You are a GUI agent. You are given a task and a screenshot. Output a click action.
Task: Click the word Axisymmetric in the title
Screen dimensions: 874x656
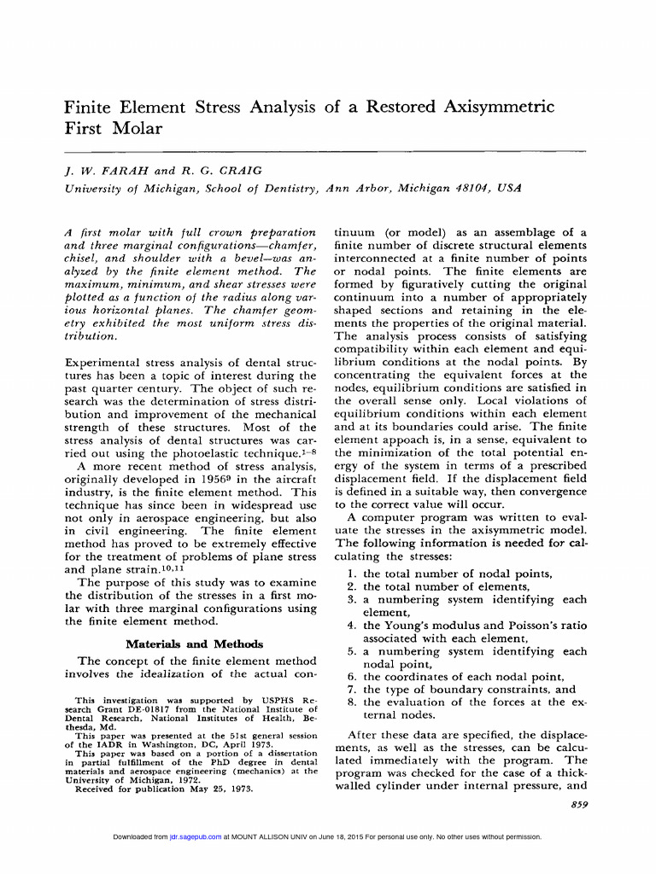tap(499, 107)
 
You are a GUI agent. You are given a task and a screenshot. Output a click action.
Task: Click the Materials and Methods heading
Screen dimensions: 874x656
tap(194, 644)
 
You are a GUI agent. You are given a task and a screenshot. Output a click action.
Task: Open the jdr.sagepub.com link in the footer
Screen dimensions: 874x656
tap(196, 837)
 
